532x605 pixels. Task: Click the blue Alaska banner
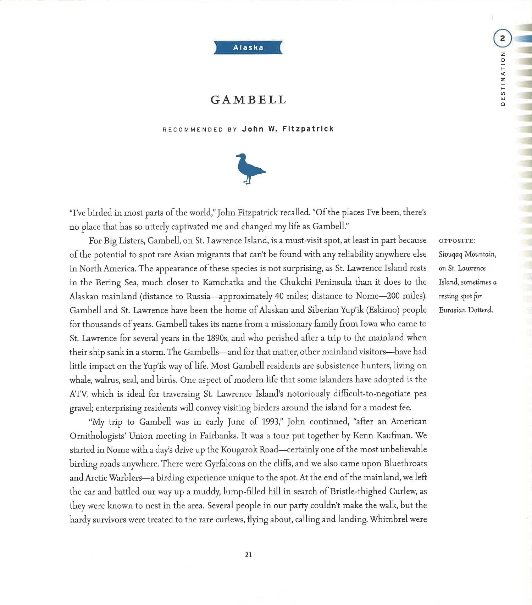click(248, 47)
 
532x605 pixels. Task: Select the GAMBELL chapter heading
click(248, 100)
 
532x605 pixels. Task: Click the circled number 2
click(502, 39)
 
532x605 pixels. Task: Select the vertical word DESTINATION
click(502, 78)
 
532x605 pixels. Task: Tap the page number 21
click(248, 555)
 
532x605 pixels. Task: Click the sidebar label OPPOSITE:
click(457, 241)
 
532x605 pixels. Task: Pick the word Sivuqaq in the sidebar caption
click(450, 254)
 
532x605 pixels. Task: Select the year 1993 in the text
click(270, 422)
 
